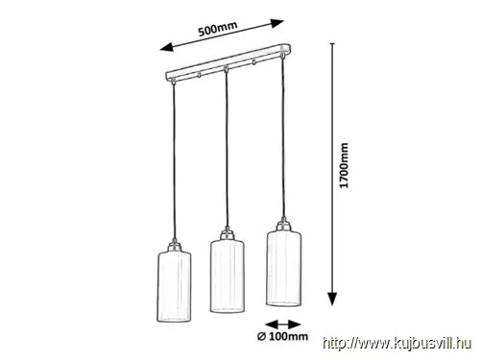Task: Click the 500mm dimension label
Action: pos(218,29)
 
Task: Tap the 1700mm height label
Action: pos(344,165)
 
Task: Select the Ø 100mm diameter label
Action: pos(283,336)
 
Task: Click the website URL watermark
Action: pos(397,344)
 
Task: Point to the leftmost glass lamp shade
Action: pos(174,286)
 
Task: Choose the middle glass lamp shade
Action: pos(228,276)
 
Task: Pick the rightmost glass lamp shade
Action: pos(283,268)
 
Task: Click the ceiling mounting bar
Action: pos(228,63)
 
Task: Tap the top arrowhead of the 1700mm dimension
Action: pos(333,45)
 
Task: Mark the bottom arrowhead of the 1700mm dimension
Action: pos(333,299)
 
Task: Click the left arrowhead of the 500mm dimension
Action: pos(166,47)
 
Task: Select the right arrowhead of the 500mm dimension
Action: pos(277,23)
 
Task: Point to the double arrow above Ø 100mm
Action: pos(283,324)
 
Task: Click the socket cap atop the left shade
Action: pos(175,246)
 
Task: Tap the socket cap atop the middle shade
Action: pos(228,233)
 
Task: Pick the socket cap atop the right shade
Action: pos(283,224)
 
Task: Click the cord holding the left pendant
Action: pos(174,161)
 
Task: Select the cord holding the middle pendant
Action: pos(227,150)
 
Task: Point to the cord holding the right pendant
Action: pos(282,138)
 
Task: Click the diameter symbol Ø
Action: pos(261,336)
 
